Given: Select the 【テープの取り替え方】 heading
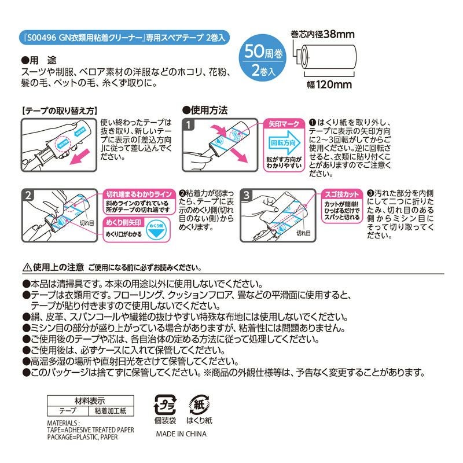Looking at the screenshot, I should tap(57, 109).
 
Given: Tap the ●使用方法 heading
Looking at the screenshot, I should tap(205, 109).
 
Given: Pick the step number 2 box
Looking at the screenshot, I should tap(28, 195).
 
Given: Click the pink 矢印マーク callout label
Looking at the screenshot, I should tap(284, 124).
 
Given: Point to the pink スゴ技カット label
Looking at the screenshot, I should tap(340, 194).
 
